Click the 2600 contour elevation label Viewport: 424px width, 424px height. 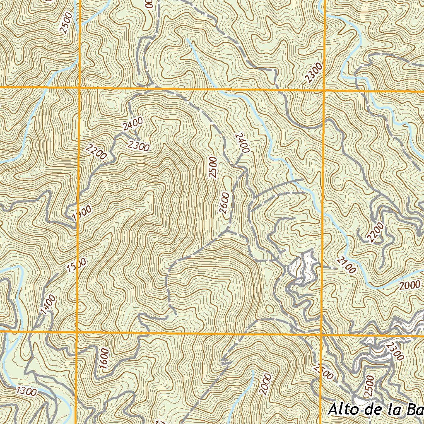click(224, 203)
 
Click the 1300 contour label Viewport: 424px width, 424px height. click(27, 390)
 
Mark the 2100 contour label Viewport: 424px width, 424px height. click(346, 265)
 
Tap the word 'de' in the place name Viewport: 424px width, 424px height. click(375, 410)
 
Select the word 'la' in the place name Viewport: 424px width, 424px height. click(396, 410)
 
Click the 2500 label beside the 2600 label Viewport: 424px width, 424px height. click(213, 167)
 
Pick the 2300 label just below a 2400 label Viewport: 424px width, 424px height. click(139, 145)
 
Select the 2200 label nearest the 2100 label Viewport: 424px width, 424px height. click(375, 232)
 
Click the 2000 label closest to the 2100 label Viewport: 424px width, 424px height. click(410, 285)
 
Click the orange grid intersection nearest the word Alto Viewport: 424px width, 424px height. click(322, 334)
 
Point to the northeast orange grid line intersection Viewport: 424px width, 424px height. click(323, 89)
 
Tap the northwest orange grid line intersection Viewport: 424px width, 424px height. click(79, 88)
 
